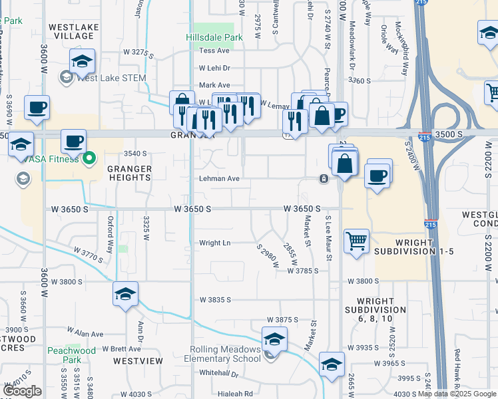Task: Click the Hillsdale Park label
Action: pyautogui.click(x=214, y=37)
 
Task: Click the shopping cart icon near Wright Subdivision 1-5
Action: pyautogui.click(x=357, y=241)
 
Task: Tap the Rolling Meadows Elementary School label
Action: pyautogui.click(x=226, y=354)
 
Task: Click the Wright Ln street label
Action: pyautogui.click(x=215, y=243)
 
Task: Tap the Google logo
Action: pyautogui.click(x=22, y=390)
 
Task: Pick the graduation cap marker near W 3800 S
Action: pyautogui.click(x=125, y=294)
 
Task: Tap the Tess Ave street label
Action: pyautogui.click(x=214, y=51)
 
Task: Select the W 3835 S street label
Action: pyautogui.click(x=215, y=300)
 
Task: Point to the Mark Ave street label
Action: pyautogui.click(x=214, y=85)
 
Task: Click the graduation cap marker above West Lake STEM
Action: pyautogui.click(x=83, y=62)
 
